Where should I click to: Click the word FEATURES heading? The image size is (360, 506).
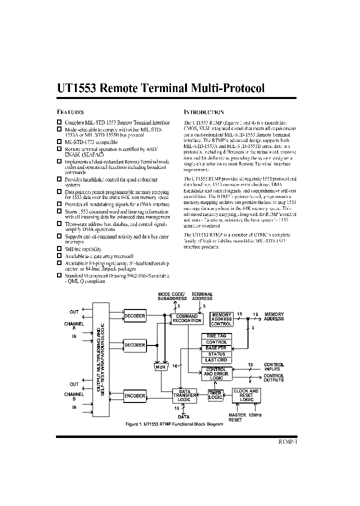pos(70,112)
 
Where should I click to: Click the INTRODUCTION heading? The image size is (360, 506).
pos(203,112)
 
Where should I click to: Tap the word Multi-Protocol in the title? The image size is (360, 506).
pos(227,88)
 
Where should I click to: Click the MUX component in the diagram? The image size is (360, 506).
pos(160,366)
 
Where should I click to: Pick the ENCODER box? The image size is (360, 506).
pos(134,395)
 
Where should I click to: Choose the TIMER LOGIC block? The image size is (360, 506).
pos(215,395)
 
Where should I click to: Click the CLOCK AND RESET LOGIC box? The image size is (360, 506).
pos(246,395)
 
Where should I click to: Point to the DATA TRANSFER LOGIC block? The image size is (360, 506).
pos(184,395)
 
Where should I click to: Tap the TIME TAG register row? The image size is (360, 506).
pos(216,336)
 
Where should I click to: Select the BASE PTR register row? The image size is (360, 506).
pos(216,347)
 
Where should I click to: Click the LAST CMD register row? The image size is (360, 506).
pos(216,359)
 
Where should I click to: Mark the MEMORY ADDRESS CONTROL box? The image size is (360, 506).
pos(221,319)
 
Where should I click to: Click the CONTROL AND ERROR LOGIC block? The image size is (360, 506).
pos(216,373)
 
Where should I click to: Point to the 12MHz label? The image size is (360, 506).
pos(255,415)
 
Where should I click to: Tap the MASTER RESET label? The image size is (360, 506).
pos(237,417)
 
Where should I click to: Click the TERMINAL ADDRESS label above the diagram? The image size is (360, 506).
pos(202,296)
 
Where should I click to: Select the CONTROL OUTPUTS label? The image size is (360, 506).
pos(273,377)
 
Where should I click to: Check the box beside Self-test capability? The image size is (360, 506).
pos(59,248)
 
